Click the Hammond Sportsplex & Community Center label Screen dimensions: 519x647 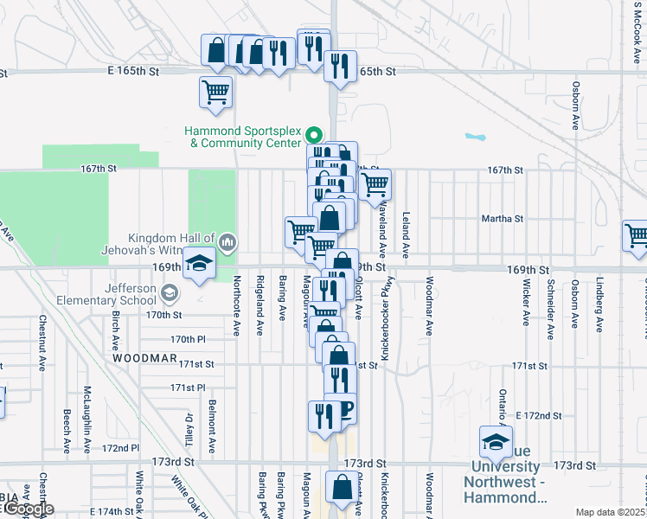click(242, 137)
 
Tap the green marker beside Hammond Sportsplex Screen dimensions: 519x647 click(313, 135)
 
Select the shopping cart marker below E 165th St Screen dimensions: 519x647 click(215, 91)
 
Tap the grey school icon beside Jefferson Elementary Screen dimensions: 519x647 click(170, 294)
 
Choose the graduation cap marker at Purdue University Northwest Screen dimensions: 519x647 click(495, 442)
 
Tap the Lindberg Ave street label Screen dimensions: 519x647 click(599, 304)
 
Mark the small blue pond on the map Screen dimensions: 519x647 click(475, 137)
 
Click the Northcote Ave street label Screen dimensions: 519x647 click(236, 305)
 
